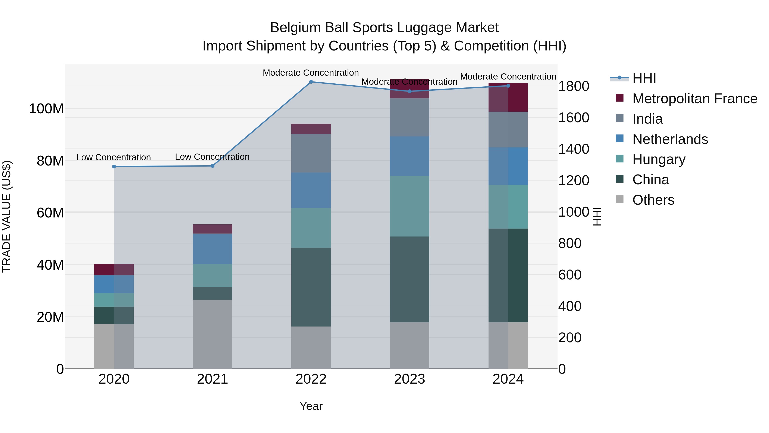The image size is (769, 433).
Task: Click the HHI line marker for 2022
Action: point(311,82)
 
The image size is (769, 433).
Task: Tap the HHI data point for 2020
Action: point(114,166)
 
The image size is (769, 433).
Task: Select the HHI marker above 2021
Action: point(213,166)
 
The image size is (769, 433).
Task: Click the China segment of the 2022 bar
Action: point(311,287)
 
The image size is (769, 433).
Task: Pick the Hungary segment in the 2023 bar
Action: point(409,206)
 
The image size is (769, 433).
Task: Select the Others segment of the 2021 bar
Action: point(212,334)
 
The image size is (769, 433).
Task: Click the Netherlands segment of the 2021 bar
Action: point(212,249)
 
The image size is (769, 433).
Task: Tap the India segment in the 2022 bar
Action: point(311,153)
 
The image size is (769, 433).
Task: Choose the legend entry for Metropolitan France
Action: point(694,99)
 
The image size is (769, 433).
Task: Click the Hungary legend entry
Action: point(659,159)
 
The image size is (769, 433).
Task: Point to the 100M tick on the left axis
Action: point(46,109)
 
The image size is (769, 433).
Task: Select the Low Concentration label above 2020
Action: point(113,157)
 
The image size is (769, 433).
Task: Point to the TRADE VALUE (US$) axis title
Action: point(7,216)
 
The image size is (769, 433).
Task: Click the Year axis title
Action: point(311,406)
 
